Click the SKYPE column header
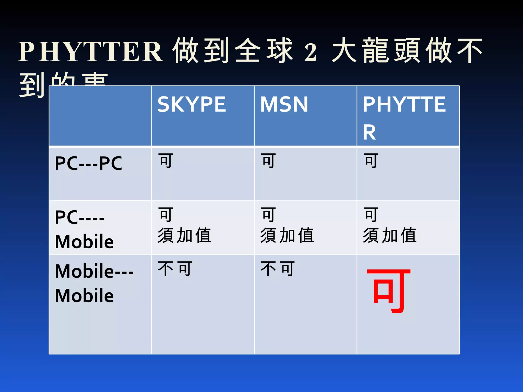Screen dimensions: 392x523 tap(192, 104)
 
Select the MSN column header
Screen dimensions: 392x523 tap(284, 104)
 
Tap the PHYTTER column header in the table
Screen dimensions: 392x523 tap(404, 117)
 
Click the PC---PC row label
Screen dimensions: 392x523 tap(88, 163)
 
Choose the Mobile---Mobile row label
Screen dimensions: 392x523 tap(94, 283)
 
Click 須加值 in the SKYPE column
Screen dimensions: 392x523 tap(184, 235)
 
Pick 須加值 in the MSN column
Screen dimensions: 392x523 tap(287, 235)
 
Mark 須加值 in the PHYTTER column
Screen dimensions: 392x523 tap(390, 235)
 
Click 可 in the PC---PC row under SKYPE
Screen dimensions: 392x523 tap(166, 161)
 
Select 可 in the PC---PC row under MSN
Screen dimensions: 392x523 tap(269, 161)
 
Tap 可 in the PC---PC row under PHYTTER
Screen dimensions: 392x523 tap(371, 161)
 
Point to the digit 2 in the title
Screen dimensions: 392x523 tap(311, 52)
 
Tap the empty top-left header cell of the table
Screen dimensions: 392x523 tap(100, 116)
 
